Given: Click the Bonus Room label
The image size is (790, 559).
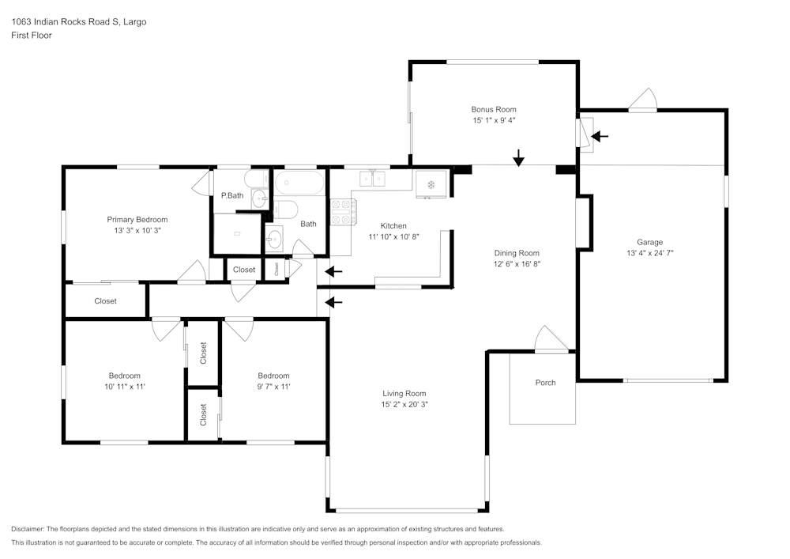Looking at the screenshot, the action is [x=494, y=109].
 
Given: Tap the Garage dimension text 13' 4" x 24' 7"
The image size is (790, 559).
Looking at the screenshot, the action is [x=650, y=253].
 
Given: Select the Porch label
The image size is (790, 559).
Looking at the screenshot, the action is [x=545, y=383].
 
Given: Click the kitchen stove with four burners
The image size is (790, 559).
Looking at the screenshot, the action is [x=343, y=212].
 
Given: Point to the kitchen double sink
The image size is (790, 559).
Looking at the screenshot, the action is [x=372, y=179].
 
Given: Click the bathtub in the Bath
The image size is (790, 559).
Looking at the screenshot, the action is [x=299, y=183].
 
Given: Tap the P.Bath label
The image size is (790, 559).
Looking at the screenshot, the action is [x=232, y=195].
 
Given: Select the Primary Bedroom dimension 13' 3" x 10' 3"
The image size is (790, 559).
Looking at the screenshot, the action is [x=137, y=231].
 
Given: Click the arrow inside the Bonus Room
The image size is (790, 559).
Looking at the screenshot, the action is [x=518, y=158].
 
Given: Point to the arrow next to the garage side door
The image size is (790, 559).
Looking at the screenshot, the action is [x=600, y=136].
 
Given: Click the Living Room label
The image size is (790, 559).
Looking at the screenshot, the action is [x=404, y=394].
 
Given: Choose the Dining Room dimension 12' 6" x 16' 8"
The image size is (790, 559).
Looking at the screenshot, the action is [x=517, y=263].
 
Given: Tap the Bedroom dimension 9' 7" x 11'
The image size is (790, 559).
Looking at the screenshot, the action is [x=273, y=387].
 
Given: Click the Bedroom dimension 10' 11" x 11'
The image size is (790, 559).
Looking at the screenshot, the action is [x=125, y=387].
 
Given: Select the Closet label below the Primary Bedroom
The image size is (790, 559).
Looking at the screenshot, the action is [x=105, y=301].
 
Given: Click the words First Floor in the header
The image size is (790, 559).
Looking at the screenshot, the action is [x=32, y=36].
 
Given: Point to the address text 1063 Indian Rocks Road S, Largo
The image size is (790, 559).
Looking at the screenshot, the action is [x=78, y=21].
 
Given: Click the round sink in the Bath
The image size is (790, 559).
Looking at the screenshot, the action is [x=275, y=240].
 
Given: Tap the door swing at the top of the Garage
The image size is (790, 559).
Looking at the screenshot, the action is [x=643, y=99].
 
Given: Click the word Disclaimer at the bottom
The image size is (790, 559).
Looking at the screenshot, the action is [x=27, y=529].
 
